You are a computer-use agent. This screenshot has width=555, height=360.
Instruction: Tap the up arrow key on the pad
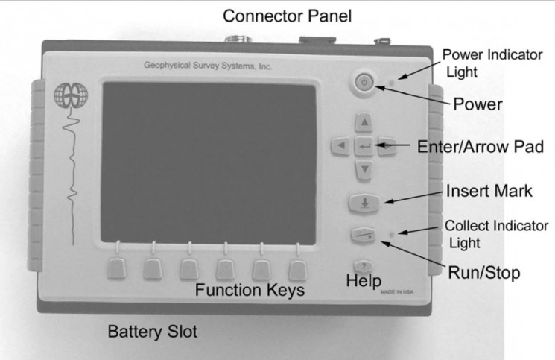(x=363, y=122)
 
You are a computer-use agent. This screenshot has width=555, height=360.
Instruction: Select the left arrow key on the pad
(x=340, y=146)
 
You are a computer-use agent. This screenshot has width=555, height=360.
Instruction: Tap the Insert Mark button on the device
(x=363, y=203)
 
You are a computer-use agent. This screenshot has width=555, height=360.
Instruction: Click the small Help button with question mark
(x=363, y=265)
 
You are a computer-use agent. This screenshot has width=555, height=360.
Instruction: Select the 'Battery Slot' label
(x=153, y=330)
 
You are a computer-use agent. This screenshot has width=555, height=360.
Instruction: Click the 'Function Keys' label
(x=250, y=291)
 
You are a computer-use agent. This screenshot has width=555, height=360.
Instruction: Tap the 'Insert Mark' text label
(x=488, y=191)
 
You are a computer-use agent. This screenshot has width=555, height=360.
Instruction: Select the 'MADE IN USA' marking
(x=396, y=292)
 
